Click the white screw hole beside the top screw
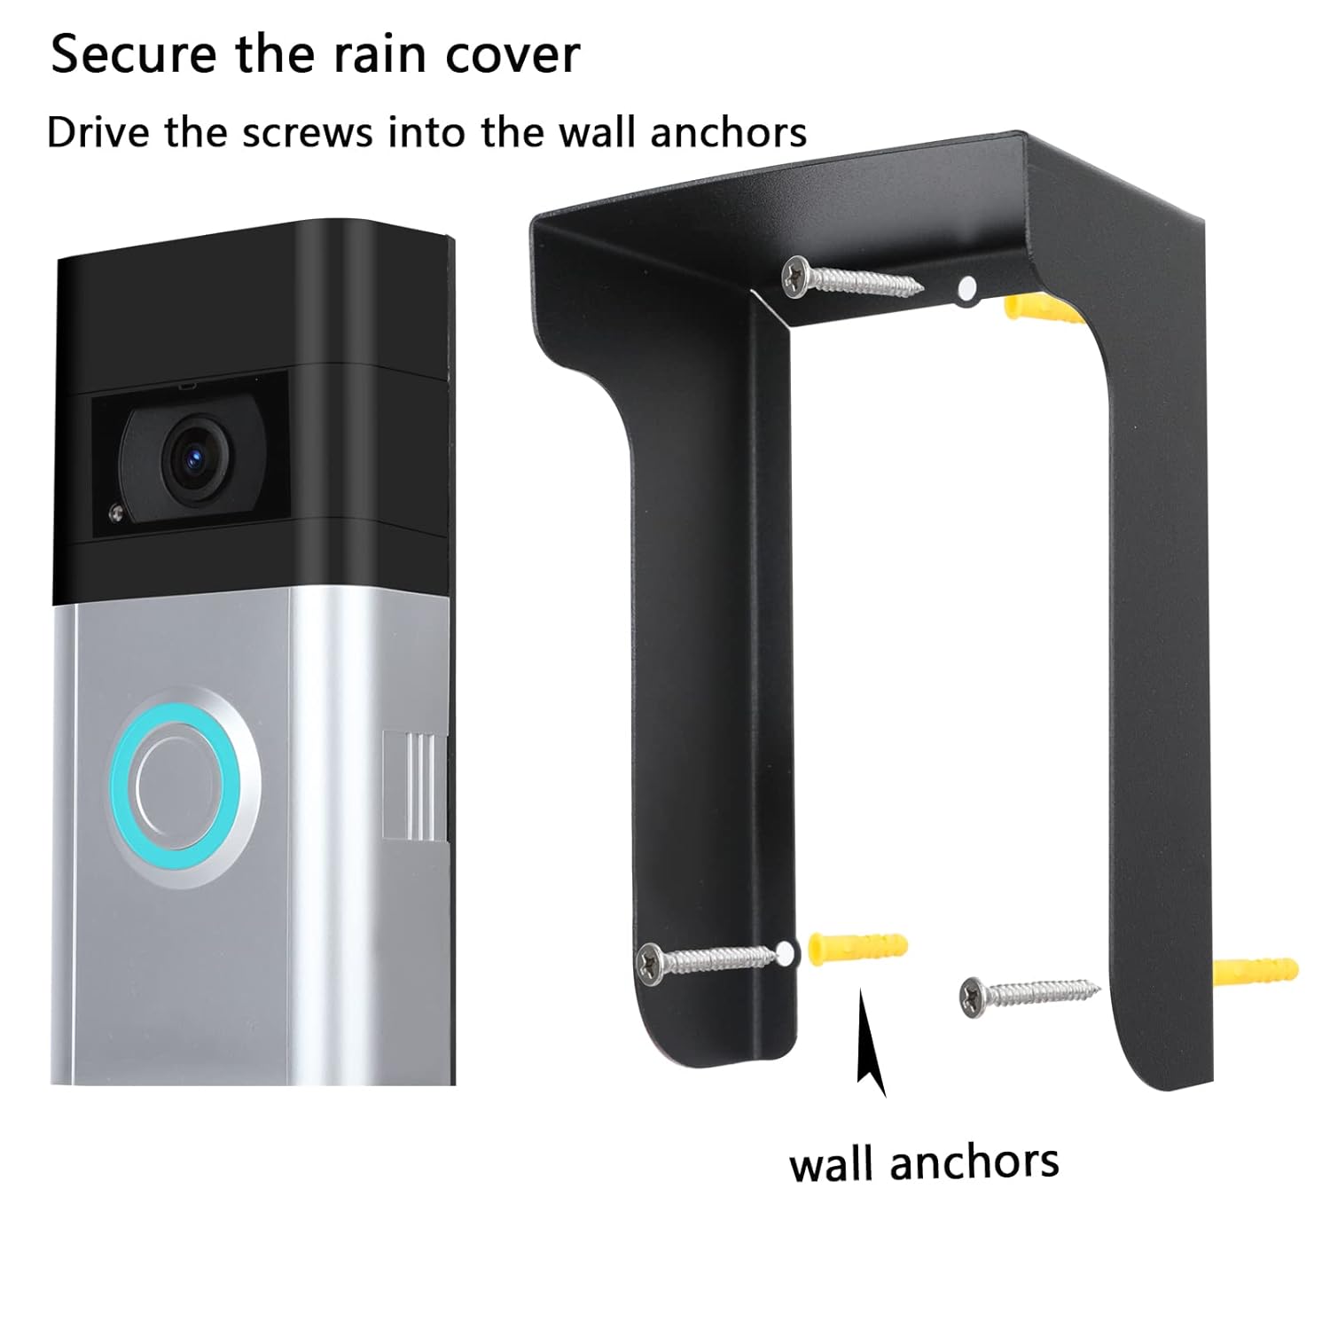point(968,287)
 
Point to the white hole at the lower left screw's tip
point(785,953)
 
